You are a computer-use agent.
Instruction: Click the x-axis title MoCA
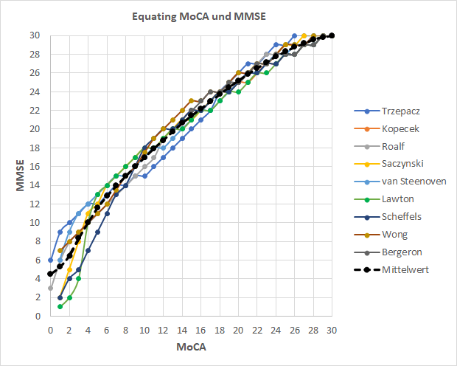click(191, 345)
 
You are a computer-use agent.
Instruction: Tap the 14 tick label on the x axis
click(181, 329)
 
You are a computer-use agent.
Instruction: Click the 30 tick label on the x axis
click(332, 329)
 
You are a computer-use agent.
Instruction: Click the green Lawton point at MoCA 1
click(60, 306)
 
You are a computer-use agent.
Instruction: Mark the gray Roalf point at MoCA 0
click(50, 288)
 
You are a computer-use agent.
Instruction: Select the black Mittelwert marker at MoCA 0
click(50, 274)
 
